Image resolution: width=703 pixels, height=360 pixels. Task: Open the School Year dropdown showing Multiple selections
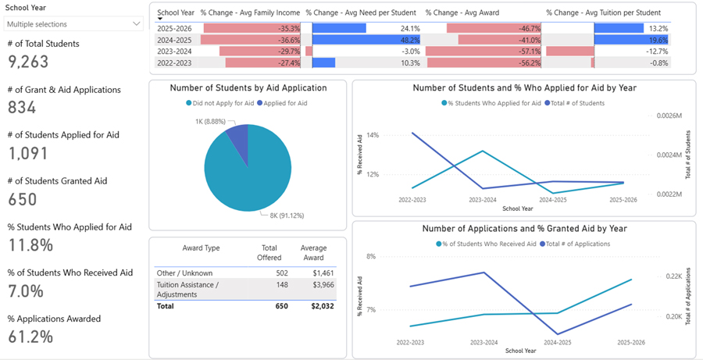tap(73, 24)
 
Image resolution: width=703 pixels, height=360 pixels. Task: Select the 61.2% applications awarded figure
tap(30, 337)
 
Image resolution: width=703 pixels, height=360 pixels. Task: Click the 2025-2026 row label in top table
tap(176, 28)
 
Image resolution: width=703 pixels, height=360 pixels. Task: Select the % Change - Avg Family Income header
tap(250, 13)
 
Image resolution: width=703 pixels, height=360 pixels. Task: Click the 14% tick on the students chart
tap(372, 135)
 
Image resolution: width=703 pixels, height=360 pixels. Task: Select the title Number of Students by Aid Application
tap(248, 87)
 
